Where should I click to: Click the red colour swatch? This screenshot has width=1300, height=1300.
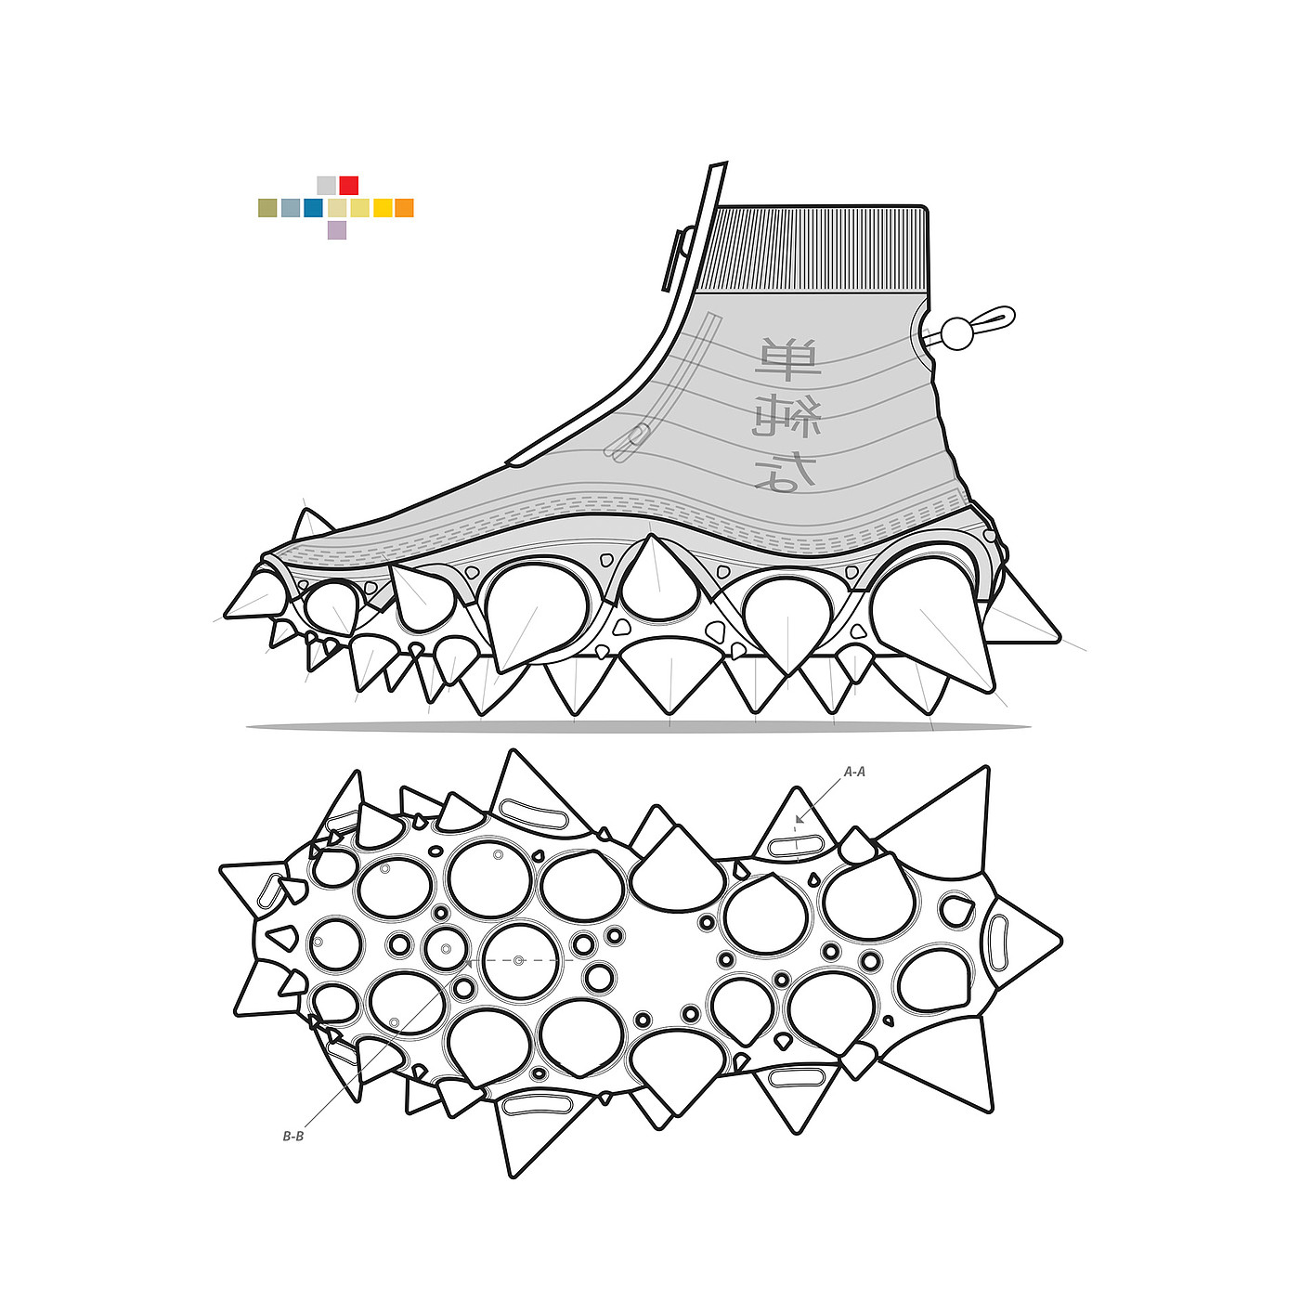click(x=349, y=185)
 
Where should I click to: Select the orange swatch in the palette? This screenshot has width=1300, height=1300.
click(x=404, y=208)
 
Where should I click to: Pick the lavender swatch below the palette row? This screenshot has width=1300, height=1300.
click(x=337, y=230)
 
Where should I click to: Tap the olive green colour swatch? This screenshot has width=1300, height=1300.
click(x=267, y=208)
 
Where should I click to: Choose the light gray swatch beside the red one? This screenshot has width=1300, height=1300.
click(x=326, y=185)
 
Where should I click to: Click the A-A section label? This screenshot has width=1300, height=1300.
click(x=854, y=772)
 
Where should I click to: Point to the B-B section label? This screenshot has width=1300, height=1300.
click(x=293, y=1136)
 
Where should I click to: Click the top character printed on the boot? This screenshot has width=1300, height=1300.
click(x=787, y=360)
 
